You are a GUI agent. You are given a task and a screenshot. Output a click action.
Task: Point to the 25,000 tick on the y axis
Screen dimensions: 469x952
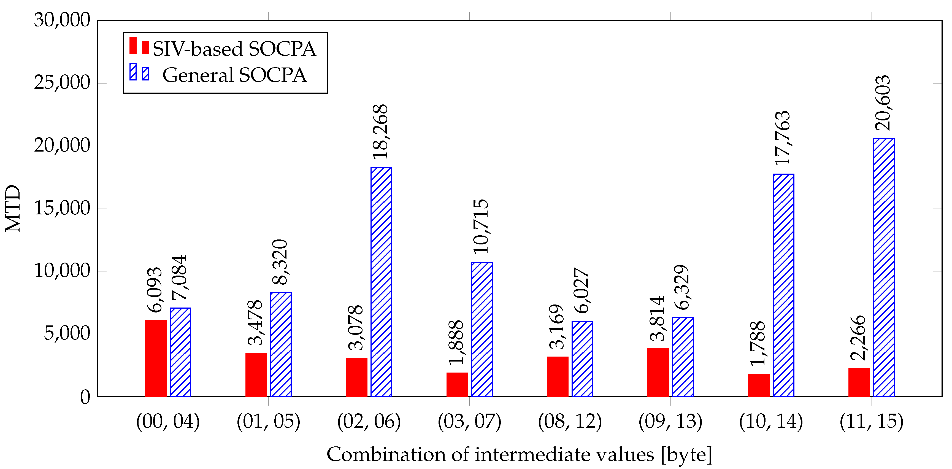62,83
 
